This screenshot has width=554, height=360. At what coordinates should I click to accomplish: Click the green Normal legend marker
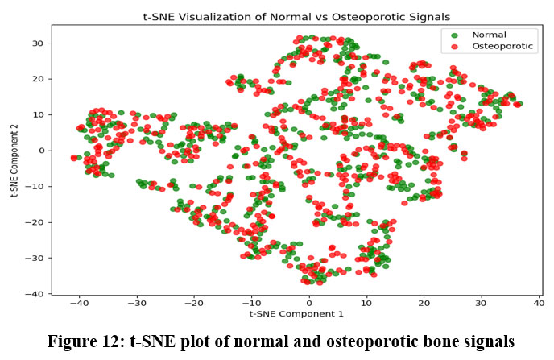coord(456,35)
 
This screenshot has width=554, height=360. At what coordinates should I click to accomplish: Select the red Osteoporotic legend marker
coord(456,47)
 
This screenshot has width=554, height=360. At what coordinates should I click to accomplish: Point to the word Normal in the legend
coord(489,35)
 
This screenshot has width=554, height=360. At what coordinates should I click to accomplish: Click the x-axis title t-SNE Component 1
coord(296,313)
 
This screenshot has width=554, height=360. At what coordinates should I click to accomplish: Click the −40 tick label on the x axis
coord(78,303)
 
